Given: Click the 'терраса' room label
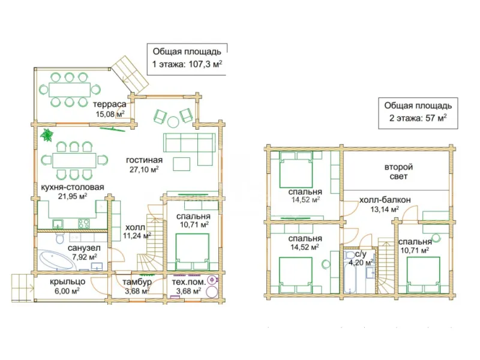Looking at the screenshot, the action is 110,104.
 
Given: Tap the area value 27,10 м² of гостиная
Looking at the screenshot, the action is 144,169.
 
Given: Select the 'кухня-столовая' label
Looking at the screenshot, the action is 73,187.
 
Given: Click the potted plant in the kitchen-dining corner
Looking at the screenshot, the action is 47,134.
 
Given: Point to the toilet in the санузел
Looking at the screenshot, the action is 60,238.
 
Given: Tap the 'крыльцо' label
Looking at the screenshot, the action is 67,281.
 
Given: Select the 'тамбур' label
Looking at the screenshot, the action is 137,282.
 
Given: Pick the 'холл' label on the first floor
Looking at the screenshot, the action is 135,227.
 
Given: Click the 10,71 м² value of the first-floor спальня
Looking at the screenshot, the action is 194,224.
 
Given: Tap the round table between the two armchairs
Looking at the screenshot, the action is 173,122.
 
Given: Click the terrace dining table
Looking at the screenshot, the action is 70,89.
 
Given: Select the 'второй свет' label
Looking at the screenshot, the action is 398,172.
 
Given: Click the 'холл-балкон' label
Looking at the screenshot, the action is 385,200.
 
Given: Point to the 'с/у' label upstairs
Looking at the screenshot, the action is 361,254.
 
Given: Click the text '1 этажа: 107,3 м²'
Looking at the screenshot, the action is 187,64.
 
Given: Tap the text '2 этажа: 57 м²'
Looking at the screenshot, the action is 418,118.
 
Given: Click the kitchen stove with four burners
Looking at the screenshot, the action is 83,224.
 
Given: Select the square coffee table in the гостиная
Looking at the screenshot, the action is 182,164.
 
